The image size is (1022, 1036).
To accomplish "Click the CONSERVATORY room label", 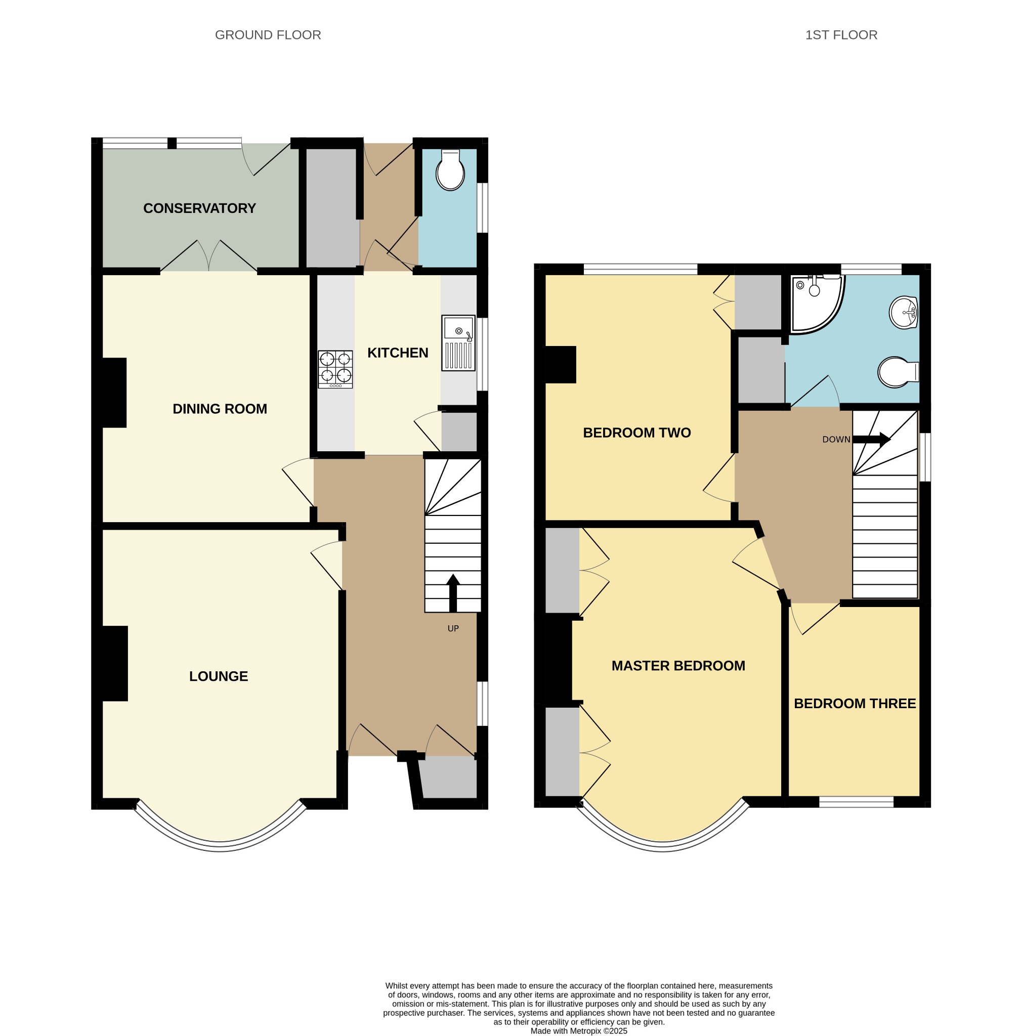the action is coord(199,208).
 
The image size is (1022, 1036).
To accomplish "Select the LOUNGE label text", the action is coord(218,676).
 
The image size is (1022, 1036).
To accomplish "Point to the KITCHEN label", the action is coord(397,353).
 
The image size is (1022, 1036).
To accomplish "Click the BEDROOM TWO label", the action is coord(636,433).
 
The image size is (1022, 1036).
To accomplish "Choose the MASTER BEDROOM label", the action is coord(678,666).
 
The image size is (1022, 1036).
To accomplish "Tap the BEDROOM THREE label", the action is coord(854,704).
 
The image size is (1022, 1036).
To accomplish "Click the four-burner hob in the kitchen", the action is coord(335,369).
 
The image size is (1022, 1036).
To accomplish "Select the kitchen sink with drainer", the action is coord(458,342).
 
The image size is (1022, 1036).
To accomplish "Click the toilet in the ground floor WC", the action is coord(450,169).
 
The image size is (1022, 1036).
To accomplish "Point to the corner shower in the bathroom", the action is coord(817,304).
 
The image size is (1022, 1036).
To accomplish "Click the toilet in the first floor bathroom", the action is coord(898,372).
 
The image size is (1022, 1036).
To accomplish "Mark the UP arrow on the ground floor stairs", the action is coord(453,592).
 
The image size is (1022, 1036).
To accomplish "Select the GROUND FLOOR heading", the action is coord(268,35).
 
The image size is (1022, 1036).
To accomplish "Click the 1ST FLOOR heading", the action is coord(841,35).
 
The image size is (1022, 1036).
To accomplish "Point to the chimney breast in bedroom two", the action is coord(561,365).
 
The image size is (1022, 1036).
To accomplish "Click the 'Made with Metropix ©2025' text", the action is coord(579,1030).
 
